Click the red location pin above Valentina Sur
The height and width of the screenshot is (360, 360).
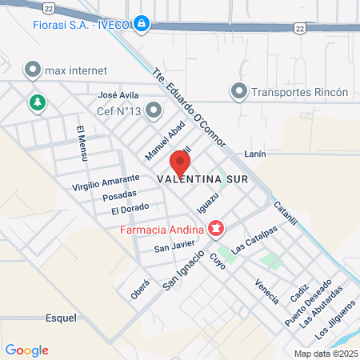[x=179, y=162]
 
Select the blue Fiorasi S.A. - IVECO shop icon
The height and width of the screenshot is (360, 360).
[x=142, y=24]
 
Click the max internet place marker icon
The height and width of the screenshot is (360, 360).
[x=32, y=70]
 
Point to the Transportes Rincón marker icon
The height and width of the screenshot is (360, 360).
[x=238, y=92]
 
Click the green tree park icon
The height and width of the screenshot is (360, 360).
[x=35, y=102]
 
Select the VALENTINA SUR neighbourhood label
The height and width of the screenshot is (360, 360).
[x=203, y=178]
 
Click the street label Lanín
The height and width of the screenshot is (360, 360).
[x=253, y=152]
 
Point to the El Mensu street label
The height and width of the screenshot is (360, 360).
[x=81, y=143]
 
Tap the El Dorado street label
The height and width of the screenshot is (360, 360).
[x=130, y=210]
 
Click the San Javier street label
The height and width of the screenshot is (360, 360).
[x=174, y=246]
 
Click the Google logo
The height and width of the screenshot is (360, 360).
[x=26, y=350]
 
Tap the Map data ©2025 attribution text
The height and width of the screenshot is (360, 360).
[x=325, y=354]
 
